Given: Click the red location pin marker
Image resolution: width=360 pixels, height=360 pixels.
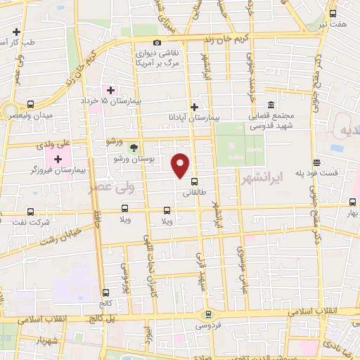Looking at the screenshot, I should click(x=181, y=165).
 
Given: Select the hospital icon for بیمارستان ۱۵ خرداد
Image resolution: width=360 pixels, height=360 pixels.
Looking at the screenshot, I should click(x=110, y=91).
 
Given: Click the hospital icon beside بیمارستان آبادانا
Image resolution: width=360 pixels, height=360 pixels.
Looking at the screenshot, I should click(x=195, y=107).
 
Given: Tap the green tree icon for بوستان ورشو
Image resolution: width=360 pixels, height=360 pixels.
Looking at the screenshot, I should click(x=133, y=147).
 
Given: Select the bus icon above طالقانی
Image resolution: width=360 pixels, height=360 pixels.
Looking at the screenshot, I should click(x=195, y=180).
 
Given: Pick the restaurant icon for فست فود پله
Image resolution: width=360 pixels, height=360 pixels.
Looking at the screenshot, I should click(x=316, y=161).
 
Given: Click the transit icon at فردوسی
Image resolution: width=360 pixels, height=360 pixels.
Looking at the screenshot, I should click(x=207, y=314).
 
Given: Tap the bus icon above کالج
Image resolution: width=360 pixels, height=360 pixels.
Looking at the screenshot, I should click(x=105, y=292).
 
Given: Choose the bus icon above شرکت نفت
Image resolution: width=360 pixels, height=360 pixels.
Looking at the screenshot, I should click(x=30, y=211).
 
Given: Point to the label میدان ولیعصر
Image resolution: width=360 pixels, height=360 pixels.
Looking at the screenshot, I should click(x=53, y=115).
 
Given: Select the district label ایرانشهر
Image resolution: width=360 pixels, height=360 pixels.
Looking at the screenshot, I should click(x=262, y=179).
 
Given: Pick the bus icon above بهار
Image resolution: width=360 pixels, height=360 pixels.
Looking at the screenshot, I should click(x=352, y=201).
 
